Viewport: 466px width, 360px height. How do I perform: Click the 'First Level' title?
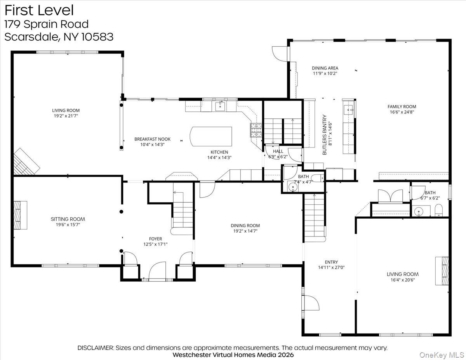tap(39, 10)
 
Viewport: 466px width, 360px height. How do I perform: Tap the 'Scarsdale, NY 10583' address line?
tap(59, 37)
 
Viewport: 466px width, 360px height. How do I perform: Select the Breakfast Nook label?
tap(152, 139)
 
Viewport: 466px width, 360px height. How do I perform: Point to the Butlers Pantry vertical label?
tap(325, 135)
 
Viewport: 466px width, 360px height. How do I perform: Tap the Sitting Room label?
tap(68, 219)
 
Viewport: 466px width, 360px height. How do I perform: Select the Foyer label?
tap(155, 239)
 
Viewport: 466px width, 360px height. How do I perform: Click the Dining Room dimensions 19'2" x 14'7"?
tap(245, 231)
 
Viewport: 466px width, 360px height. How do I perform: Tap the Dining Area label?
tap(325, 68)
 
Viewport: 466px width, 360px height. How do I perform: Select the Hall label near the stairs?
tap(278, 151)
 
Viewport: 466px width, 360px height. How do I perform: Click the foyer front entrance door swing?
tap(157, 271)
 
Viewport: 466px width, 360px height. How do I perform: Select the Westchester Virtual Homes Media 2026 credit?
tap(233, 355)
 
